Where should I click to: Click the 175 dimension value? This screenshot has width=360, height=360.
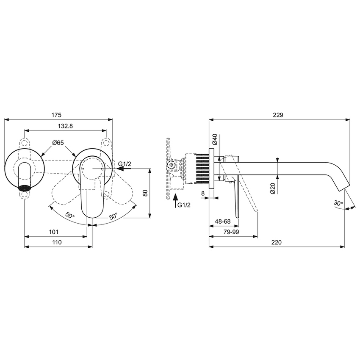coord(57,115)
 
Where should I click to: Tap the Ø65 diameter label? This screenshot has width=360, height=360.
coord(58,143)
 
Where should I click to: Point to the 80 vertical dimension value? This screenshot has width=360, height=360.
coord(145,193)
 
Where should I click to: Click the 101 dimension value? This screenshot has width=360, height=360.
coord(53,232)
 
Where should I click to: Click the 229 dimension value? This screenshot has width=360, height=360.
coord(278,115)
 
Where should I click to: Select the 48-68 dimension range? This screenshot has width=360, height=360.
coord(223,221)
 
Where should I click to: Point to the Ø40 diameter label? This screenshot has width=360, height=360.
coord(215,139)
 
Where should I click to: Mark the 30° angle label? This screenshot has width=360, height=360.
coord(338,203)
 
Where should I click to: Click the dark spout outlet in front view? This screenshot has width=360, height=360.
coord(25,187)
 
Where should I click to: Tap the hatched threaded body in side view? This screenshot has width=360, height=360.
coord(202,168)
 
